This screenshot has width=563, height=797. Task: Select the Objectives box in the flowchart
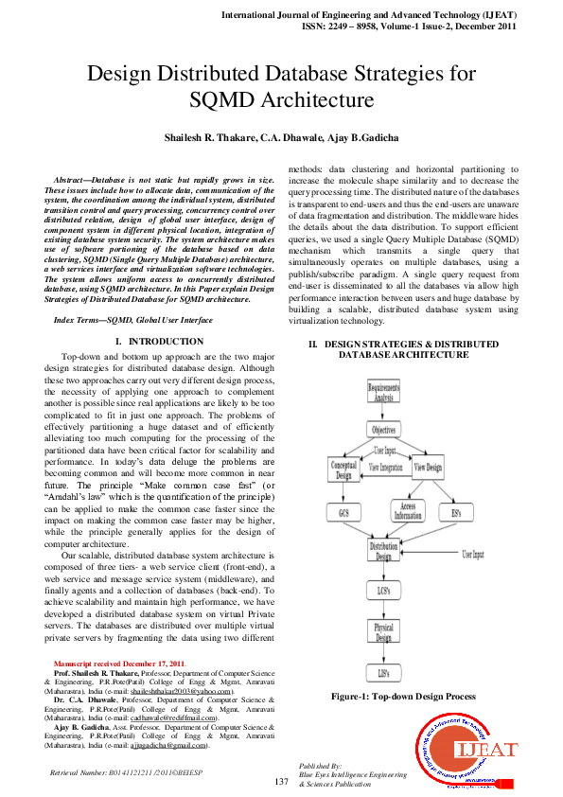[383, 430]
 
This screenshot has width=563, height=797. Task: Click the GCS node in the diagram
[343, 512]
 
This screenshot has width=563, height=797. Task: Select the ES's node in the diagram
[455, 512]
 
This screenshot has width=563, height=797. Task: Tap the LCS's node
[383, 592]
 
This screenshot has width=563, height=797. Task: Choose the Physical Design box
[383, 631]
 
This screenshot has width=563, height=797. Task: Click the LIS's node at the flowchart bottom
[383, 672]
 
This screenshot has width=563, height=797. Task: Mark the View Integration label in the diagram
[385, 468]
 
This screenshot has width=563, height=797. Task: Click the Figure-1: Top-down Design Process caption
[403, 697]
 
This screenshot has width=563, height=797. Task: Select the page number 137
[281, 781]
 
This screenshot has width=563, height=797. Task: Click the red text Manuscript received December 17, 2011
[120, 664]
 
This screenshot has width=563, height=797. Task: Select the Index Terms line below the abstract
[133, 321]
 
